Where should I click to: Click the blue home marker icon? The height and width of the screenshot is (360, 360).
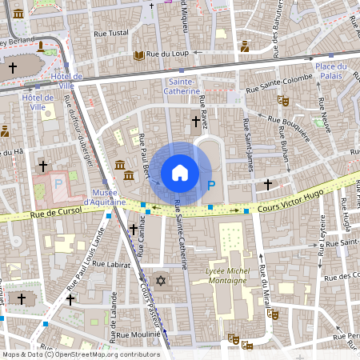tap(180, 172)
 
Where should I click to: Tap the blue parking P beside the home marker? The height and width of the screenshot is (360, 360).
tap(211, 186)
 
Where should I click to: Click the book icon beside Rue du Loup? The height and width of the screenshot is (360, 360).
tap(139, 55)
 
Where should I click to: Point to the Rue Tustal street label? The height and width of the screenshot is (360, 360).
tap(112, 33)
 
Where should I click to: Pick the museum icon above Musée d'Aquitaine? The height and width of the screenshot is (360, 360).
tap(120, 165)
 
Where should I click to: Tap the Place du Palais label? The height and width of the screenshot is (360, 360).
tap(335, 70)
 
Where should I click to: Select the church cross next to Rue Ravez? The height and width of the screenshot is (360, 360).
tap(196, 121)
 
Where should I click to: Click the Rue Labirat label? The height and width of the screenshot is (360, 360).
tap(111, 262)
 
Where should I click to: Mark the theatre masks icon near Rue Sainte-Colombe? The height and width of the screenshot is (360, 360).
tap(282, 101)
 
